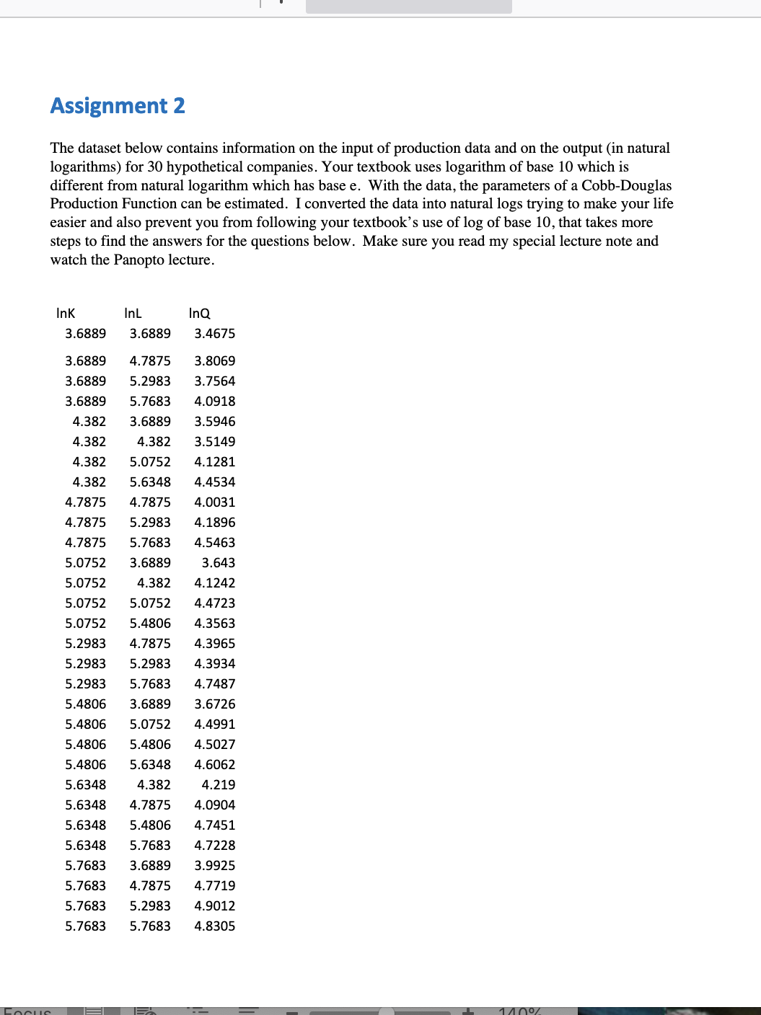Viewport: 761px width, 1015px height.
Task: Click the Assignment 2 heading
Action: [x=118, y=106]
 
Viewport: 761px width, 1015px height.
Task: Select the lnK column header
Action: [x=66, y=313]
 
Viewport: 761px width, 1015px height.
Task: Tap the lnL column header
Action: [x=133, y=313]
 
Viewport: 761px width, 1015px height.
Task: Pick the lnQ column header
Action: [x=199, y=313]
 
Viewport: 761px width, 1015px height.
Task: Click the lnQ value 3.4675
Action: [x=214, y=334]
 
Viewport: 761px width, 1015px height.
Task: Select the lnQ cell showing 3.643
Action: [x=218, y=562]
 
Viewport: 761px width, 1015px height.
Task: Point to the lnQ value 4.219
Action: [x=218, y=784]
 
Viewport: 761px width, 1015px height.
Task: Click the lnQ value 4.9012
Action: [x=214, y=905]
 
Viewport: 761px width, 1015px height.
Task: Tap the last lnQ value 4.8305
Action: [x=214, y=926]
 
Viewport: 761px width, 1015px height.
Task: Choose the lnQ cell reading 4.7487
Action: [x=214, y=683]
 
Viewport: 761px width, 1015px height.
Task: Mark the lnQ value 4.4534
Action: [x=214, y=482]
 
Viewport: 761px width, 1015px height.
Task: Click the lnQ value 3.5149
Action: [x=214, y=441]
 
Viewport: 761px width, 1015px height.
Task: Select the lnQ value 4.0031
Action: [x=214, y=502]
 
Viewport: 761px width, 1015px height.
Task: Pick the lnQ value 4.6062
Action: [x=214, y=764]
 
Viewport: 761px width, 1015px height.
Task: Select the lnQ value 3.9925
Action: [x=214, y=865]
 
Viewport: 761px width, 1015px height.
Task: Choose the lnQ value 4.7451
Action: [x=214, y=825]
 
